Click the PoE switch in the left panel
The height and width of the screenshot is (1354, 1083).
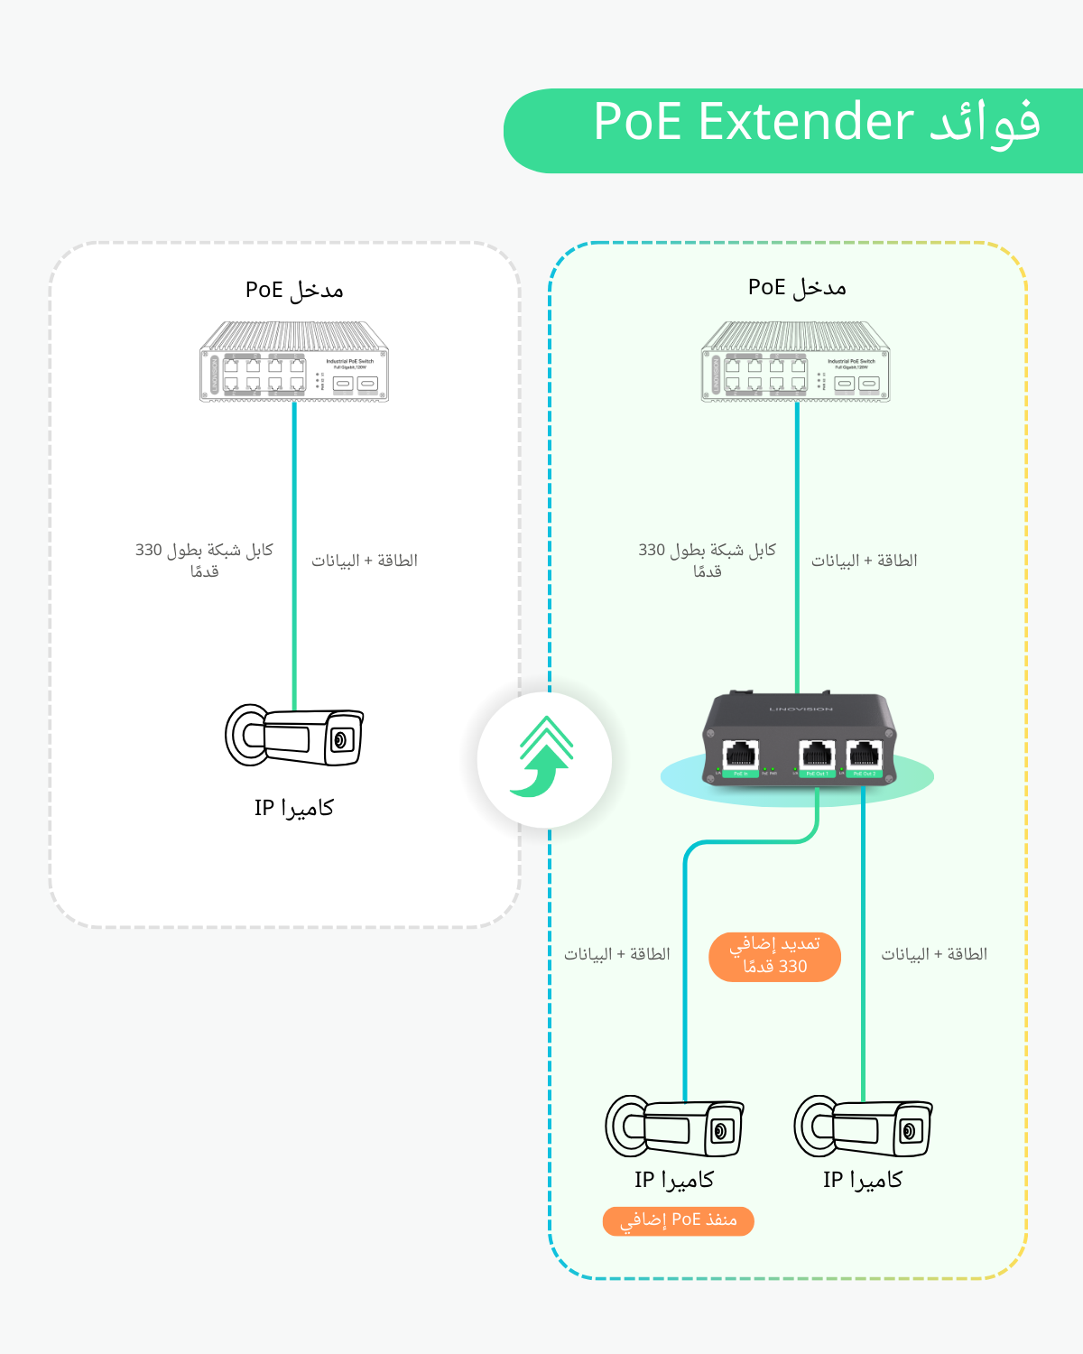tap(294, 362)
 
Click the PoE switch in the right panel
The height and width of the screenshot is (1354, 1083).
tap(796, 362)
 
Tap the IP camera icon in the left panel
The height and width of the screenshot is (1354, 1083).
tap(294, 736)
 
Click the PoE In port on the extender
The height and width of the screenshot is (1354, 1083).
tap(741, 755)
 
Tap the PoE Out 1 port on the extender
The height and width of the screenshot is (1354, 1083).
tap(817, 755)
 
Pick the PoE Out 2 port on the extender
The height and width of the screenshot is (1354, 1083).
tap(864, 755)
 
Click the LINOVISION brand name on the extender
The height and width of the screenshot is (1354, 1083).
tap(801, 709)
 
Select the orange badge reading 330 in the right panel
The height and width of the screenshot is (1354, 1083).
tap(774, 956)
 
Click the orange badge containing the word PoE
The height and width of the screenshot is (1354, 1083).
tap(678, 1220)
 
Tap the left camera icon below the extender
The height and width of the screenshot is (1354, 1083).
tap(675, 1127)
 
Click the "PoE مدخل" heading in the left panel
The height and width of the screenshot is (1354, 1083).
tap(294, 290)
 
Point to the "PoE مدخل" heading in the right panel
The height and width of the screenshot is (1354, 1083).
tap(797, 288)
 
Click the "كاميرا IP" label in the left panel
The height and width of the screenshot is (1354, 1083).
tap(294, 808)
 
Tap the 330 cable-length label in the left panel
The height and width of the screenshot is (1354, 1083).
tap(204, 561)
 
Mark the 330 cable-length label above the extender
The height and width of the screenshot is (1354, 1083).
tap(707, 561)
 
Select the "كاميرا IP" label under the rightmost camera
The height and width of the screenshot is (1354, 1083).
tap(863, 1180)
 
